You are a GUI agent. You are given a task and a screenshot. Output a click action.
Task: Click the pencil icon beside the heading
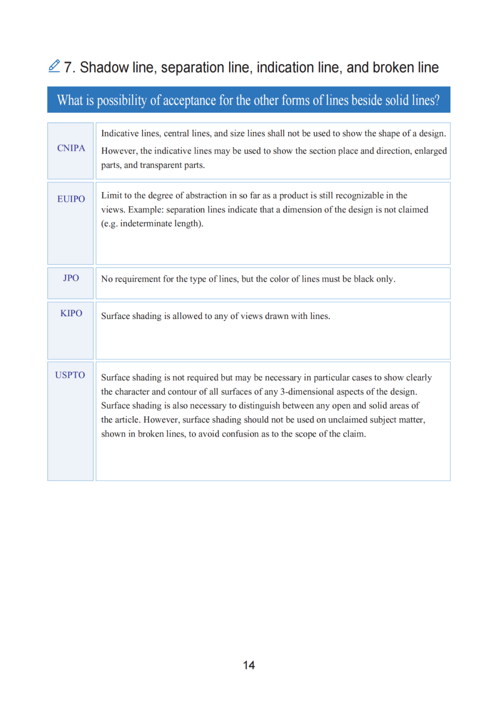click(54, 66)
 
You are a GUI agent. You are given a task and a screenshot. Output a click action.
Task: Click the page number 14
click(249, 665)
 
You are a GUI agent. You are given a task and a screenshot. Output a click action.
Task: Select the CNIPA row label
click(71, 148)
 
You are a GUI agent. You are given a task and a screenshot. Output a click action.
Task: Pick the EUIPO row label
click(71, 199)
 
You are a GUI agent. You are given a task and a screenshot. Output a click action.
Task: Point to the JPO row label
click(71, 278)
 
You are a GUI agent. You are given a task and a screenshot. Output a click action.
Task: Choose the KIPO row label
click(71, 313)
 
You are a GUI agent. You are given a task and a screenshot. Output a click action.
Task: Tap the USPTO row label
click(70, 375)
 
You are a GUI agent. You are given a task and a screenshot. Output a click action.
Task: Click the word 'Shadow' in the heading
click(104, 68)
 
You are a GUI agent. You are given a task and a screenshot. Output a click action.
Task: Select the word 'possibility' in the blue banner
click(122, 101)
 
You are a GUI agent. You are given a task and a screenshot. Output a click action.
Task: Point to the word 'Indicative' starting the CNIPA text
click(120, 133)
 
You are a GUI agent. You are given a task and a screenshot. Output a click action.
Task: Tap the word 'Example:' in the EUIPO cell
click(146, 210)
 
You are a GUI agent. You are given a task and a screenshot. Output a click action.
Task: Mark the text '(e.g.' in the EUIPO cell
click(109, 224)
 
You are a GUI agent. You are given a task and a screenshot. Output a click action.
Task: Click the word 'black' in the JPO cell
click(364, 279)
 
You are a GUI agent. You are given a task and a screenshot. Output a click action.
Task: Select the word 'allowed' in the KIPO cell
click(187, 316)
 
